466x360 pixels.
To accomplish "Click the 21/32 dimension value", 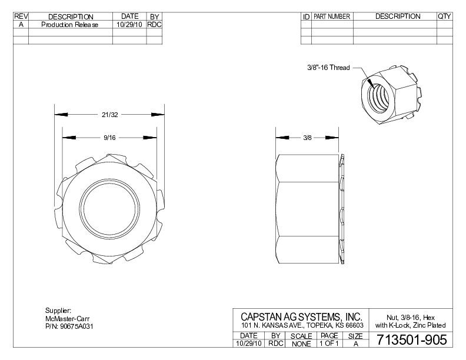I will (x=109, y=114).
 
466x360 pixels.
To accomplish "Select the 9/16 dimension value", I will (x=109, y=138).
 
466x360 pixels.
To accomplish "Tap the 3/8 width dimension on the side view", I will (x=307, y=138).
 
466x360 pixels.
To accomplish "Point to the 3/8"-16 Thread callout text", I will (x=328, y=68).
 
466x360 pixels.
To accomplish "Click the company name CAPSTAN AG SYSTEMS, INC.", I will (x=301, y=316).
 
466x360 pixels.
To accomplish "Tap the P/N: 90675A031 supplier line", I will (x=69, y=325).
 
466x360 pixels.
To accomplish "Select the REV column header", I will (x=21, y=16).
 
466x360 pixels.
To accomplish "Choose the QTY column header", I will (x=444, y=16).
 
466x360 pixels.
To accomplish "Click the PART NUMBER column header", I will (x=332, y=16).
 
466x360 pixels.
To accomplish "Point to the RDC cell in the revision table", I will (x=154, y=25).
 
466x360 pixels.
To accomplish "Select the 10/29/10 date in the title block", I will (x=248, y=343).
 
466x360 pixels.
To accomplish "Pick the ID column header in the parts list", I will (x=306, y=16).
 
